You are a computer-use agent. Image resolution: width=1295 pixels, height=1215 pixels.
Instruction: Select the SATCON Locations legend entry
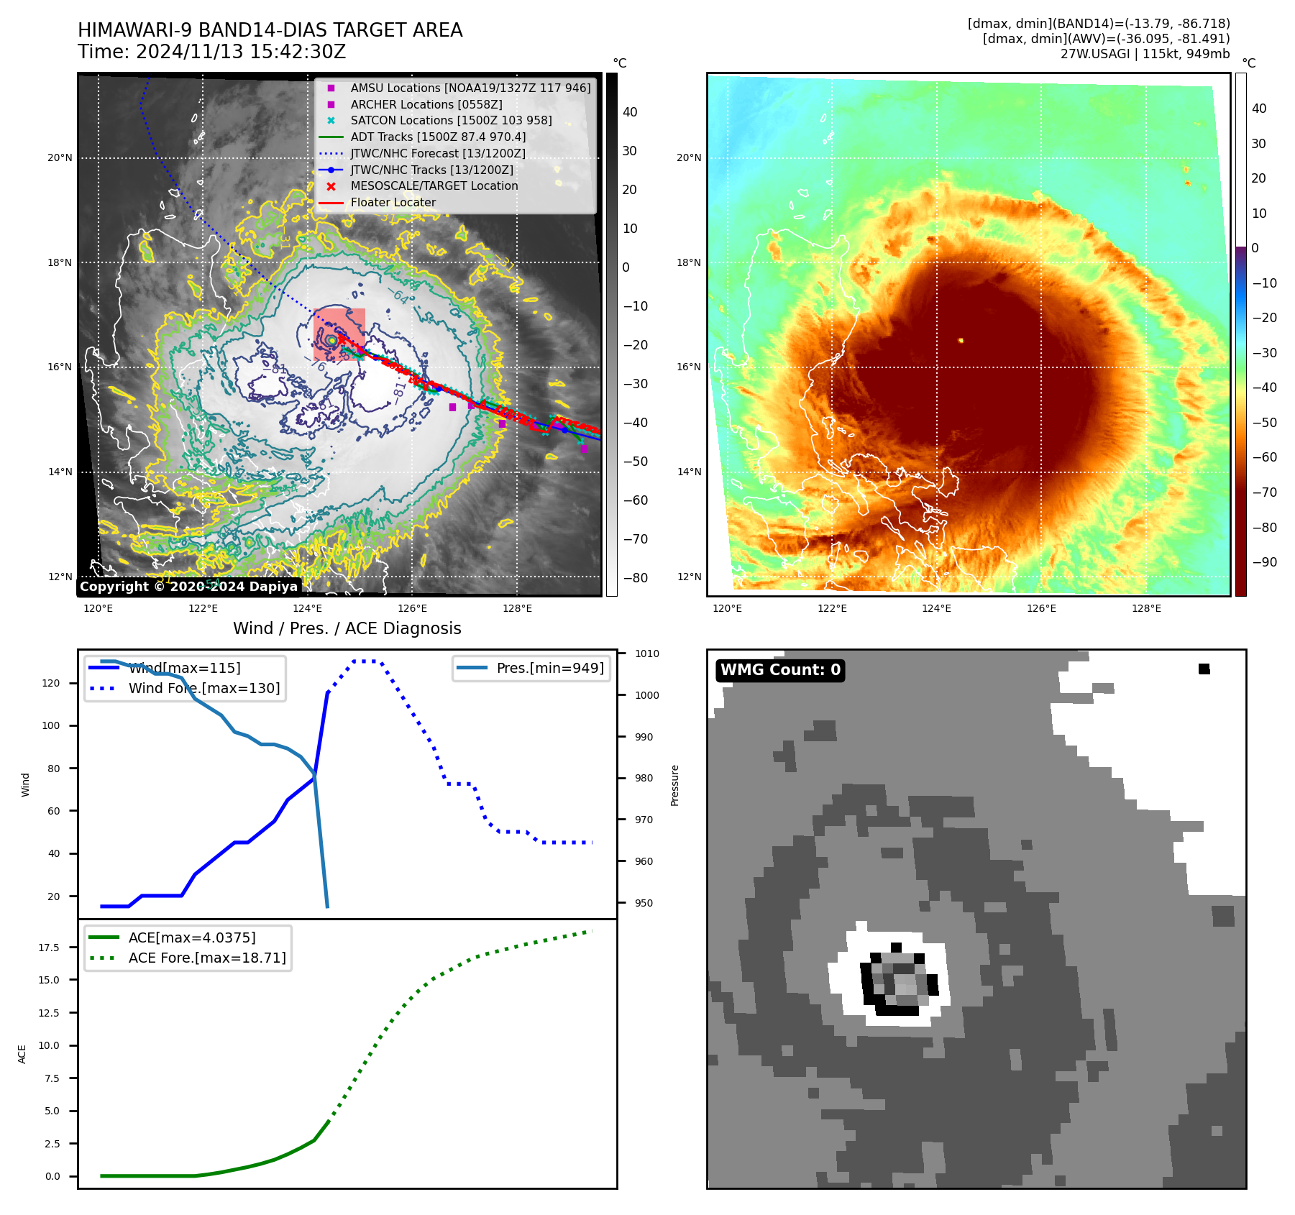451,120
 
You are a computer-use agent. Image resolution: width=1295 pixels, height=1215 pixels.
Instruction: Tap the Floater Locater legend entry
393,202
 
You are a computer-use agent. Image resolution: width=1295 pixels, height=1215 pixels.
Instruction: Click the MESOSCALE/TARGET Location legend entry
434,185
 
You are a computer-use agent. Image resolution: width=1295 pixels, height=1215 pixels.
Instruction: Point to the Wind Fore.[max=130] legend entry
204,688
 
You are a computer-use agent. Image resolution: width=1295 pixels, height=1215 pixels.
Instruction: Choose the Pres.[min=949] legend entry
549,668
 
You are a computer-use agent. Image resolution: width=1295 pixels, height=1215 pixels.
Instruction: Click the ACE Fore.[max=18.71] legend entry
207,958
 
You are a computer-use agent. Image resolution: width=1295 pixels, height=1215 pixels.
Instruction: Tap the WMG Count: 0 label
780,670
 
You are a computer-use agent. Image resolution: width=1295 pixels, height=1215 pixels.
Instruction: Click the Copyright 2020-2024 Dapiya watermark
188,587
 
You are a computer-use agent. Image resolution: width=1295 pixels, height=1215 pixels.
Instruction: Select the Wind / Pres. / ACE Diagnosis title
347,628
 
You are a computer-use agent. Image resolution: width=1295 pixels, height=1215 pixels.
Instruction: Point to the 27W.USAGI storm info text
1145,54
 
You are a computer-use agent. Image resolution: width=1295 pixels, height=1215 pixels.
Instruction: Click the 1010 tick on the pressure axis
646,654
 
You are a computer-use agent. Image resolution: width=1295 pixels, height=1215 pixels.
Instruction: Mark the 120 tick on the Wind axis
51,683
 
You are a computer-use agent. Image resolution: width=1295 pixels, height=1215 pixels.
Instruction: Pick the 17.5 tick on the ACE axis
49,948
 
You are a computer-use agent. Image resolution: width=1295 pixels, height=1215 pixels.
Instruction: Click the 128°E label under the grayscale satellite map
517,609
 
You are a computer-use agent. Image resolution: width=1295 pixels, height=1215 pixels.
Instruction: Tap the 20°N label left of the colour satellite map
689,157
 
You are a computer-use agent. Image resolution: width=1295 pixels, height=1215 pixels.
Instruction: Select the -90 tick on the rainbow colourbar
1264,562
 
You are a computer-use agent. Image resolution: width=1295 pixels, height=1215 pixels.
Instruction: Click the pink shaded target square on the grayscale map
339,334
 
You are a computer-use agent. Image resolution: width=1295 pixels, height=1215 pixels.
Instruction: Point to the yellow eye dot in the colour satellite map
961,340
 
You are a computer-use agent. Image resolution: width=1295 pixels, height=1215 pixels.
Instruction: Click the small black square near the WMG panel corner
1204,669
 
